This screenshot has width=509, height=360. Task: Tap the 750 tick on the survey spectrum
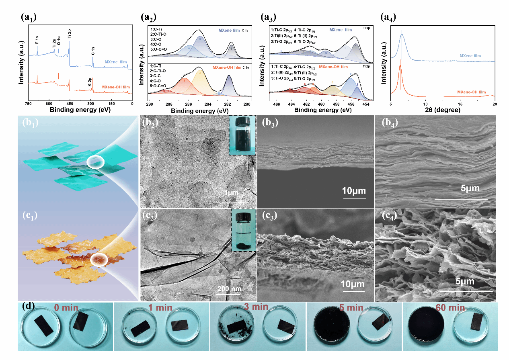tap(28, 104)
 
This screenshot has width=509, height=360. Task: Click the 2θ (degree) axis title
tap(443, 110)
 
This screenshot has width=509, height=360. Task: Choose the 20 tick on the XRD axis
tap(494, 104)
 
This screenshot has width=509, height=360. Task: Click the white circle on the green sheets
tap(95, 162)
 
